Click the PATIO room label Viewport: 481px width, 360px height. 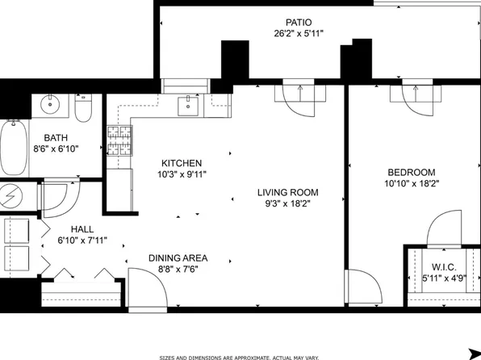pos(299,23)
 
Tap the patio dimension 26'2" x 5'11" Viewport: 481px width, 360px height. pos(299,33)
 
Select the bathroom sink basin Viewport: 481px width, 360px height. pos(50,104)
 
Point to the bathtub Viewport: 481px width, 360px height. pos(13,148)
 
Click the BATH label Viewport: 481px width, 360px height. pos(56,138)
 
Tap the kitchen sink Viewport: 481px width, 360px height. pos(188,106)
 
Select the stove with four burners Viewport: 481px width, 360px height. pos(119,140)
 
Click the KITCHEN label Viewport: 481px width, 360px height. pos(182,163)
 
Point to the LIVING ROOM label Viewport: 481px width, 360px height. pos(288,192)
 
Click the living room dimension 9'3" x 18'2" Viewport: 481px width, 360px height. pos(288,203)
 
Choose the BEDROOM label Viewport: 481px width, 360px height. pos(412,172)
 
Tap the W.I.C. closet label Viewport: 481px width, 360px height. pos(444,267)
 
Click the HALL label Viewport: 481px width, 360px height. pos(82,229)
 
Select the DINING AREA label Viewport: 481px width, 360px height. pos(178,258)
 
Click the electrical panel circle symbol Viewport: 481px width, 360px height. pos(10,195)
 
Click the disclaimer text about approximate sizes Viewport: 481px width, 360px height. pos(239,358)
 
